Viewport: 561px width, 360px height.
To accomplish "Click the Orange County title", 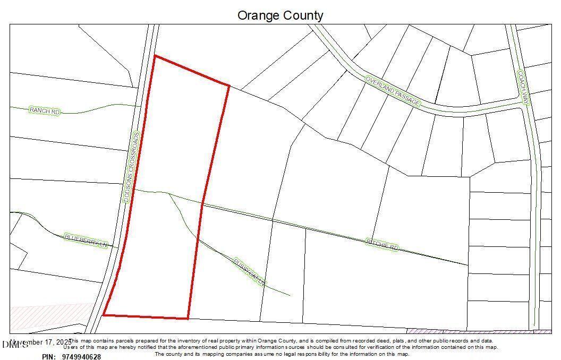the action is coord(280,15).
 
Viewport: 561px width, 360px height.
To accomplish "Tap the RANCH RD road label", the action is coord(44,110).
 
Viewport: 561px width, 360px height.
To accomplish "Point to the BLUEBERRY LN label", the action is coord(86,241).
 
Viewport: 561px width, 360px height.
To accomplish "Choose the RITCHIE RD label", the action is coord(382,244).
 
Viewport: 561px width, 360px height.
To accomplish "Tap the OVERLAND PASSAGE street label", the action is coord(393,91).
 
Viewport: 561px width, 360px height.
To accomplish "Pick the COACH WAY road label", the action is coord(524,88).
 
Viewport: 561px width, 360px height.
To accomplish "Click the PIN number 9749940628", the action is coord(81,357).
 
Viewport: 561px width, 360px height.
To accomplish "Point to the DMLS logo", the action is coord(14,345).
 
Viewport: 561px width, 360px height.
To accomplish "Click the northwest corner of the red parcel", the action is coord(155,55).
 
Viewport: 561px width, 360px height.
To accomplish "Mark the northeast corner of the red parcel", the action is coord(229,85).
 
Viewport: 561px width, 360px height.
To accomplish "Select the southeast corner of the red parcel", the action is coord(188,319).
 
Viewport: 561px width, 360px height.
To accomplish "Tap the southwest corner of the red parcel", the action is coord(103,315).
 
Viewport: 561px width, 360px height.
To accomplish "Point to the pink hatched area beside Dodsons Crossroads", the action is coord(50,316).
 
